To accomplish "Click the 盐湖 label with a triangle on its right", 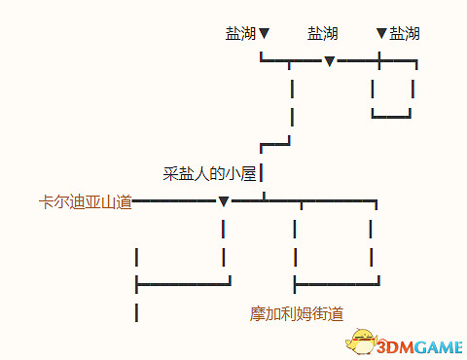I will [x=240, y=34].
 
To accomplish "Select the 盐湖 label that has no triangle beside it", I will [x=322, y=34].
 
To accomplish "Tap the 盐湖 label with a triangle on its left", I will [x=405, y=34].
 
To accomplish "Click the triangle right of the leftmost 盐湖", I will [x=264, y=35].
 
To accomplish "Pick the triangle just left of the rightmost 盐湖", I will [x=381, y=35].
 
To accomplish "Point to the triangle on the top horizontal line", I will [x=330, y=62].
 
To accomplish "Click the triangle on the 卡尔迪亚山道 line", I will [x=224, y=202].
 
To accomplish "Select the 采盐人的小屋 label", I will [x=209, y=174].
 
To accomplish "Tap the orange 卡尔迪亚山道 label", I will [x=84, y=202].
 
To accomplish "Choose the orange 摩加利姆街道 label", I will [x=296, y=313].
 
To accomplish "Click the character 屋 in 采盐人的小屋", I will [x=248, y=174].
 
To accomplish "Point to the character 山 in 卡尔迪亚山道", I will [x=107, y=202].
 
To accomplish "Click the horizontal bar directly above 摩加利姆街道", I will [x=336, y=284].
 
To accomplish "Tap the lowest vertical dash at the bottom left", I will [x=136, y=312].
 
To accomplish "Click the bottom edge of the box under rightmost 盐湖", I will [x=392, y=117].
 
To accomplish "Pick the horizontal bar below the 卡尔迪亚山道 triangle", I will [x=183, y=284].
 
